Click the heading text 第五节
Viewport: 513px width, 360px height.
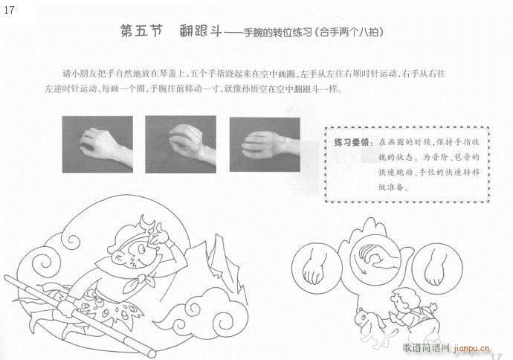pos(141,32)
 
